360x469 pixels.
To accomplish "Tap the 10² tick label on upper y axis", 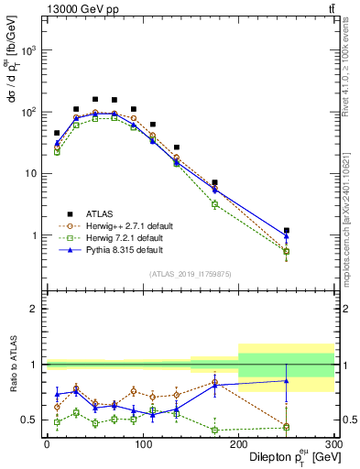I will [29, 112].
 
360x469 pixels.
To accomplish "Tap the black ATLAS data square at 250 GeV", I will [287, 231].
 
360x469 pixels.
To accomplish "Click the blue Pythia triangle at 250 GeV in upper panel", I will [287, 235].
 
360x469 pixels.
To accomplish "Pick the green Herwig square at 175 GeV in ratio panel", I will [214, 430].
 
